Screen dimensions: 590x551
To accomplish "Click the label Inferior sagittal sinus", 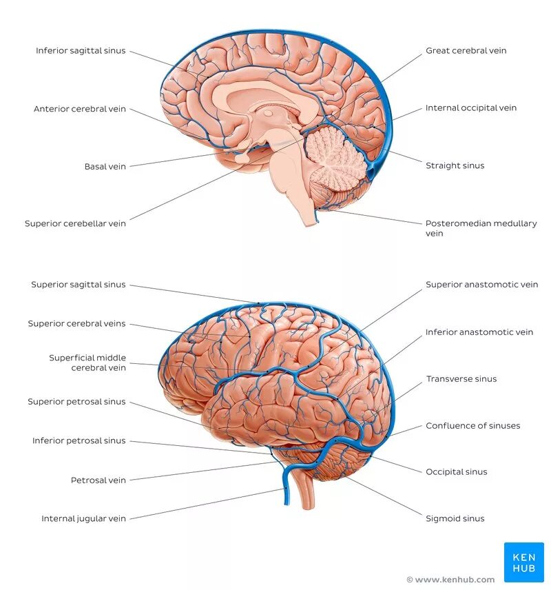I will (x=81, y=51).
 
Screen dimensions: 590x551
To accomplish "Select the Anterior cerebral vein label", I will (x=80, y=109).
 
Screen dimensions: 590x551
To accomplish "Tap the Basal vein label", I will (x=105, y=166).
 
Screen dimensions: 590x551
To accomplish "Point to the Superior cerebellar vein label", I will (x=75, y=223).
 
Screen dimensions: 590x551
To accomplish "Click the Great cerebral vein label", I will (x=466, y=51).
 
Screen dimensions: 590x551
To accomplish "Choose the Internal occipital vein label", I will (x=470, y=108).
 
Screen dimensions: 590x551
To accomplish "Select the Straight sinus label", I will (x=455, y=165).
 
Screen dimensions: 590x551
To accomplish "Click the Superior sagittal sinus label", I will (x=79, y=285).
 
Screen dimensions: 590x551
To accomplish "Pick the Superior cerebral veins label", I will (x=76, y=323).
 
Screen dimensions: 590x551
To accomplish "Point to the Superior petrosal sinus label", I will (x=76, y=402).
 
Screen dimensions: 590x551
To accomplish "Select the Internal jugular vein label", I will (x=83, y=518).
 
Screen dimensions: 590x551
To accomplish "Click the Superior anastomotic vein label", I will (x=481, y=285).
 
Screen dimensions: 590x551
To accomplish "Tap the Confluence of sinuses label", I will (x=472, y=426).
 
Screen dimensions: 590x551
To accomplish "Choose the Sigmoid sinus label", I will (x=455, y=518).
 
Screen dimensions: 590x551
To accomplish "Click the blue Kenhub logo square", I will (x=523, y=562).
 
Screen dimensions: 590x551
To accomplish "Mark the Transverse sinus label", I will (x=461, y=379).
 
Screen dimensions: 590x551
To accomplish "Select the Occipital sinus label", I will (x=456, y=472).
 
